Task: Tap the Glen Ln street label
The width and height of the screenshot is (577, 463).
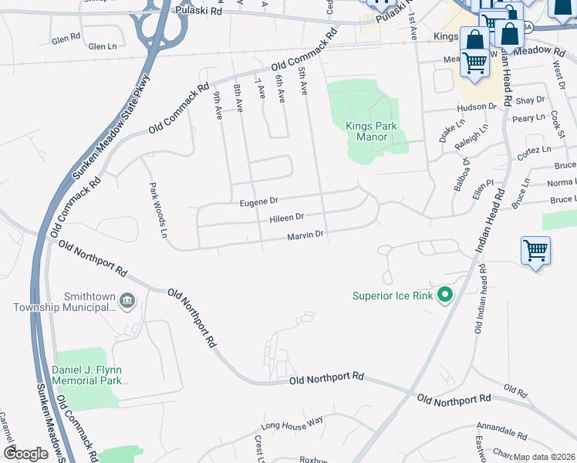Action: (102, 47)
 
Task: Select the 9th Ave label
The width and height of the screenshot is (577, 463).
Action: (218, 105)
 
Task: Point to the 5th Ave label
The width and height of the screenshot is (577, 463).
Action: (303, 80)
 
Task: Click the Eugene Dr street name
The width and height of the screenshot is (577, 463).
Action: (258, 201)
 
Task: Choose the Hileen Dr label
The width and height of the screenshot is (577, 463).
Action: (286, 218)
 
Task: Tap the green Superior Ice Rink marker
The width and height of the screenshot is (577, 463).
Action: (444, 295)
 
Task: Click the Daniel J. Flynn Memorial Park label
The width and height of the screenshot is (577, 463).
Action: (86, 375)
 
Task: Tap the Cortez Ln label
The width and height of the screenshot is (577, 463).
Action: (537, 150)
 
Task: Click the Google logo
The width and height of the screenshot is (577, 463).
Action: (25, 454)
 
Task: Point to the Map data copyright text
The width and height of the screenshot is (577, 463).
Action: (544, 457)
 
